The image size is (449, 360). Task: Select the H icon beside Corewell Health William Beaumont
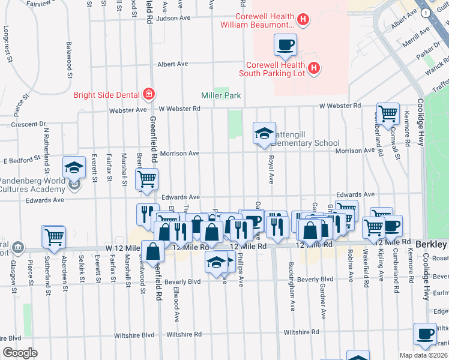pyautogui.click(x=303, y=20)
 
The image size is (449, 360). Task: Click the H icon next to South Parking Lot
pyautogui.click(x=313, y=69)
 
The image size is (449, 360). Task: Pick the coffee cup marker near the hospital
pyautogui.click(x=285, y=45)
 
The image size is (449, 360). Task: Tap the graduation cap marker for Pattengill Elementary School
pyautogui.click(x=264, y=134)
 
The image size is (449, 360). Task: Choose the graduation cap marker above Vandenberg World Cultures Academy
pyautogui.click(x=74, y=168)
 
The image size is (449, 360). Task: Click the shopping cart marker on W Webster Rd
pyautogui.click(x=388, y=113)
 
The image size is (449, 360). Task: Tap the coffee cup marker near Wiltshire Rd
pyautogui.click(x=426, y=334)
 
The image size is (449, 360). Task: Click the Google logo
pyautogui.click(x=20, y=353)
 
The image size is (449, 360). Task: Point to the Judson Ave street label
pyautogui.click(x=173, y=19)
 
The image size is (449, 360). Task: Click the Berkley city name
pyautogui.click(x=432, y=245)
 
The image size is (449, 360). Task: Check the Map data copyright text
pyautogui.click(x=423, y=355)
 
